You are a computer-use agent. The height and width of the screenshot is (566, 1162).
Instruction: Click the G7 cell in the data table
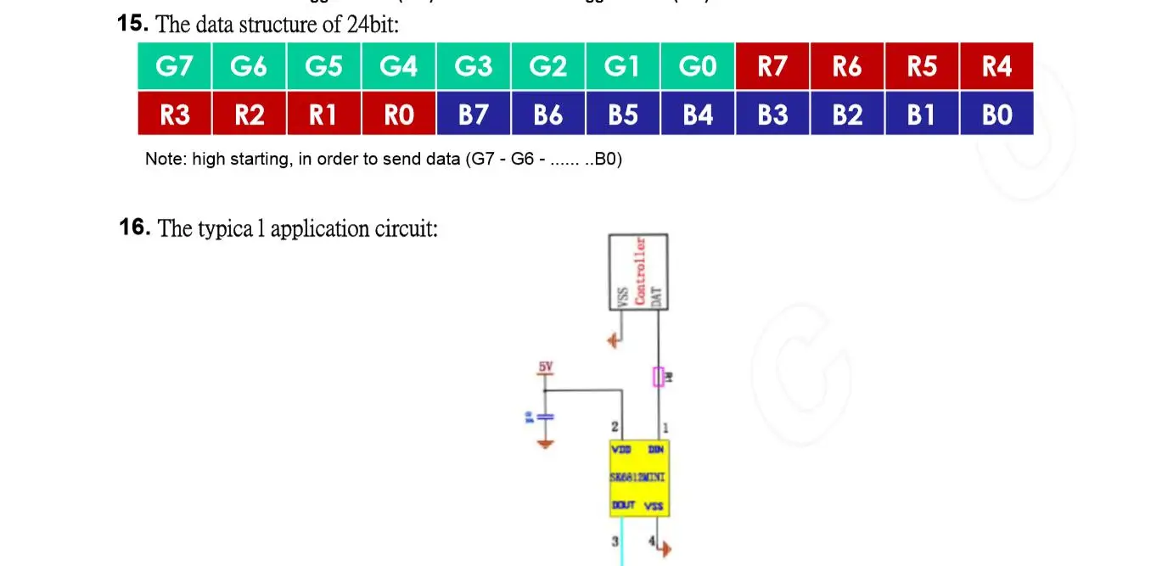point(174,66)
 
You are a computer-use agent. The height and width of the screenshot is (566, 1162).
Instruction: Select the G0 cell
point(698,66)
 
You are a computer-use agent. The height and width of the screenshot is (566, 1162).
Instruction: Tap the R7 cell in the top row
point(772,66)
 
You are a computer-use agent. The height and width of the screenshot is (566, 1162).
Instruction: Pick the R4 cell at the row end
point(996,66)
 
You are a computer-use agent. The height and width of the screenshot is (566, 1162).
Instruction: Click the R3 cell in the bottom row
point(174,114)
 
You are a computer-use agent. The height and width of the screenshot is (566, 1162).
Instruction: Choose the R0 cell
point(399,114)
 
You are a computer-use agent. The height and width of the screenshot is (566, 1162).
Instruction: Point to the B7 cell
point(474,114)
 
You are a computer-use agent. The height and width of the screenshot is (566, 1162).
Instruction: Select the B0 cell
point(996,114)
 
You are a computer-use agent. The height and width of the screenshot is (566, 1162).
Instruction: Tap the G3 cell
point(474,66)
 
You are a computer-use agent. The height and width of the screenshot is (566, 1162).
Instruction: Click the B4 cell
point(698,114)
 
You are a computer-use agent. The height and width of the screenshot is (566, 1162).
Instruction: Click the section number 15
point(134,24)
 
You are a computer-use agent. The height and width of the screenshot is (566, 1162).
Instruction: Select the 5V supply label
point(545,367)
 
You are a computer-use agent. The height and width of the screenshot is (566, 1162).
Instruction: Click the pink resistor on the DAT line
point(658,377)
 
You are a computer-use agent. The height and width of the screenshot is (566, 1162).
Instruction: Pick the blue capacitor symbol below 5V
point(545,416)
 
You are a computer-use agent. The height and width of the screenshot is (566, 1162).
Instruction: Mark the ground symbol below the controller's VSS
point(613,341)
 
